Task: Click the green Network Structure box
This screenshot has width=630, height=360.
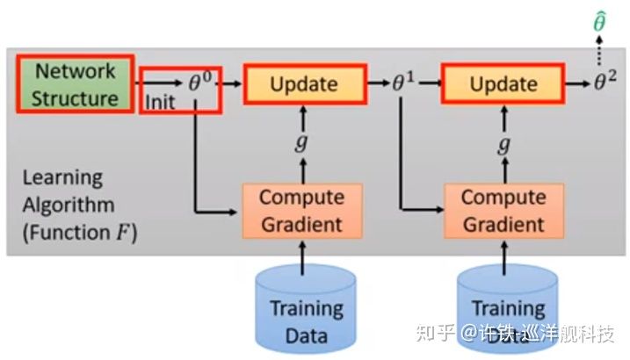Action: click(x=76, y=83)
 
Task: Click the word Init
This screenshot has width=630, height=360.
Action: click(x=162, y=101)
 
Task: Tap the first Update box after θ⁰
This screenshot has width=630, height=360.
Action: click(x=305, y=84)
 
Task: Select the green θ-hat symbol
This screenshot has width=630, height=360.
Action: click(x=599, y=21)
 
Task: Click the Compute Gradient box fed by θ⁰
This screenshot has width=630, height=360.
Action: click(x=301, y=211)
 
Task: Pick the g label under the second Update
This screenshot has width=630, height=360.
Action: click(x=503, y=143)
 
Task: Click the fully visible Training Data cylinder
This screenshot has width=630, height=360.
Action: click(x=305, y=312)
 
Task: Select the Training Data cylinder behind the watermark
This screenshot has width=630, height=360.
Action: click(x=508, y=312)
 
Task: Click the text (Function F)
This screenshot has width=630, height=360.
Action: click(x=79, y=234)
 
